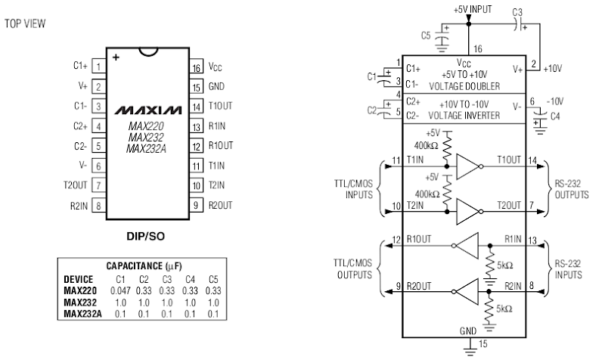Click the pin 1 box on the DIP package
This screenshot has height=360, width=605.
tap(99, 67)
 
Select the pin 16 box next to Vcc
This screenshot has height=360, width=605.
tap(196, 67)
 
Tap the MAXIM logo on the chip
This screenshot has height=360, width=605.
tap(147, 110)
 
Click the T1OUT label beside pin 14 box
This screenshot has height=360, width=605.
tap(220, 106)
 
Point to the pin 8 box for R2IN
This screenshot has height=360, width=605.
tap(99, 206)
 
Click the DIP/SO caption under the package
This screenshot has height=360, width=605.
tap(145, 236)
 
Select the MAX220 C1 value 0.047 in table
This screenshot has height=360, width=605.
tap(120, 290)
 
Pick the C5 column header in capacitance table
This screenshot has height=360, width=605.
tap(213, 279)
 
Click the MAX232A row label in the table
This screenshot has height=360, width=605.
tap(82, 314)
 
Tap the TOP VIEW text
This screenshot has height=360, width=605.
tap(25, 23)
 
